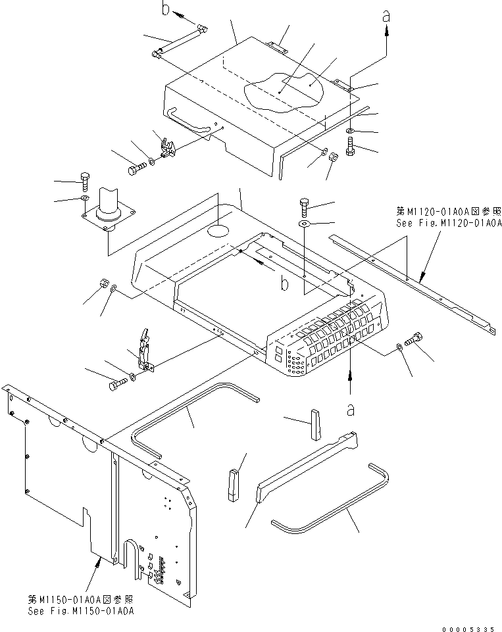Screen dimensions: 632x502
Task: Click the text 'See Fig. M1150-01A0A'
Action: [81, 612]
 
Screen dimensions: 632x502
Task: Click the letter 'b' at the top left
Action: [166, 9]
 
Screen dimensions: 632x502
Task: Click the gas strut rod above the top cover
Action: [179, 43]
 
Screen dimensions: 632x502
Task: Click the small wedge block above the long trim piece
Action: [314, 424]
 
